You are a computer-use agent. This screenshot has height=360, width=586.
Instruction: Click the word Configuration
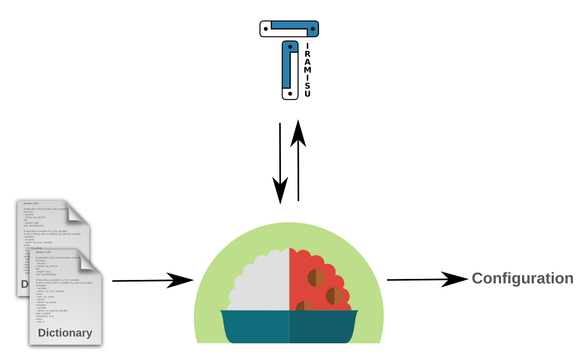523,278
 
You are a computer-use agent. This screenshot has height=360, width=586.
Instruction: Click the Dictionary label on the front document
65,333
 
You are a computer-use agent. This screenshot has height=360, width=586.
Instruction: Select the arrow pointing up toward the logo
298,161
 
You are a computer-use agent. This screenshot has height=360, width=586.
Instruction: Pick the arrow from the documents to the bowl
153,280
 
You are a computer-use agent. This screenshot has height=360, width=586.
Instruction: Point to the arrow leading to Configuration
428,279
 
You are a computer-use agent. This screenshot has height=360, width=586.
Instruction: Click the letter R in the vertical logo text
307,54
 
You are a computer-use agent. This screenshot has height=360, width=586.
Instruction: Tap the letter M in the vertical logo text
307,70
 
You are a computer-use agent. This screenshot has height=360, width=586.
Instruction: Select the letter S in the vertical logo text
307,86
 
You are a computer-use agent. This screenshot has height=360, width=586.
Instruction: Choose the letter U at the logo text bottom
307,94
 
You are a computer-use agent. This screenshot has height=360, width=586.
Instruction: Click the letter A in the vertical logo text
307,62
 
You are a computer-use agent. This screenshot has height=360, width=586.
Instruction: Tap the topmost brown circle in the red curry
316,277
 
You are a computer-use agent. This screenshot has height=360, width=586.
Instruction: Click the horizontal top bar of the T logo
289,28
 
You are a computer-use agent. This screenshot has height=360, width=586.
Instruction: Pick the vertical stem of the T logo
290,70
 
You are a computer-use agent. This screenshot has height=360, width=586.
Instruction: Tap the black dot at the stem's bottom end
290,93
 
